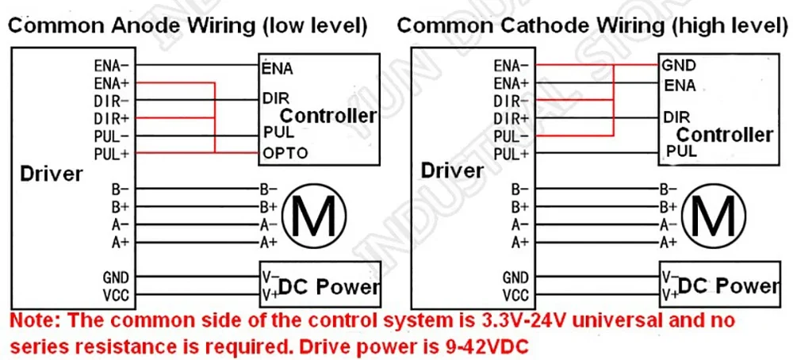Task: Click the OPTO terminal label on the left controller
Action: click(x=285, y=153)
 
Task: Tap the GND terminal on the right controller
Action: click(x=680, y=65)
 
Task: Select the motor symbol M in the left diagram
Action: click(x=314, y=216)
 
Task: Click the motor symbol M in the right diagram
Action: click(x=713, y=216)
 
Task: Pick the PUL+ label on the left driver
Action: click(x=113, y=153)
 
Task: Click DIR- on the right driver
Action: click(x=511, y=101)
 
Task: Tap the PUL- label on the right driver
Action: click(x=511, y=136)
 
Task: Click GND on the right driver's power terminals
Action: click(x=515, y=278)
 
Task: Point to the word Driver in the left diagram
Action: click(x=51, y=174)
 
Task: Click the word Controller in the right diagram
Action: click(x=725, y=135)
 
